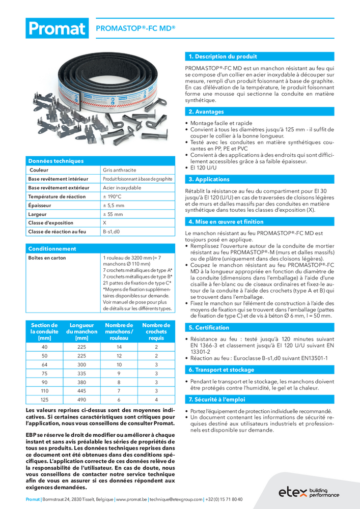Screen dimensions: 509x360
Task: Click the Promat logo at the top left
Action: coord(56,29)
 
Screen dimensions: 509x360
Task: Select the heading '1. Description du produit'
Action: coord(223,56)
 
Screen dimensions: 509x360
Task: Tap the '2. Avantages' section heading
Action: coord(206,111)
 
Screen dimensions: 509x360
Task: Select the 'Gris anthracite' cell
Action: coord(119,170)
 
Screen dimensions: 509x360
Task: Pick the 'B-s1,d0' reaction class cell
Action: coord(112,232)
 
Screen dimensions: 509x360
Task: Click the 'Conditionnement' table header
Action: coord(52,249)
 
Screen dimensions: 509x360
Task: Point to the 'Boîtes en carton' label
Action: coord(47,258)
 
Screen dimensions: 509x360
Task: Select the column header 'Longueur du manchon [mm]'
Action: coord(81,331)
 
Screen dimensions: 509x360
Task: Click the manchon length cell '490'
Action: coord(81,400)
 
